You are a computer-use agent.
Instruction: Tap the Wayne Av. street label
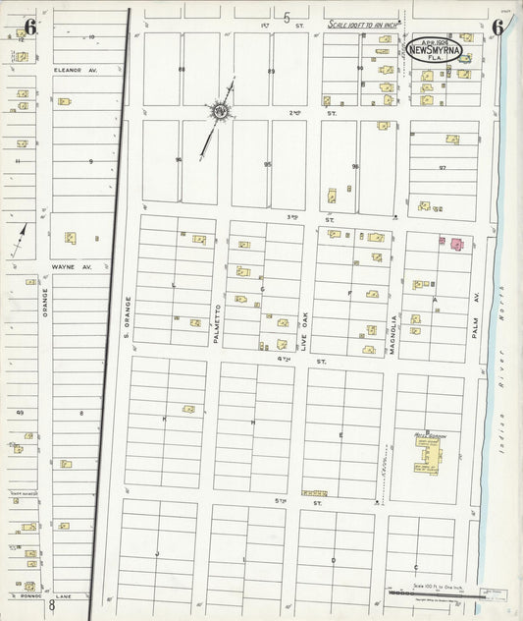[78, 265]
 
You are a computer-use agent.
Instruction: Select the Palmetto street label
[219, 322]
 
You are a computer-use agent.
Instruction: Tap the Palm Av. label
[478, 309]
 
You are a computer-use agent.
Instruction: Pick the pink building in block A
[456, 242]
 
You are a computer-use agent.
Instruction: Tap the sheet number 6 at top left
[30, 28]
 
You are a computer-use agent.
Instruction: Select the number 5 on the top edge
[287, 17]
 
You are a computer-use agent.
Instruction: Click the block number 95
[267, 164]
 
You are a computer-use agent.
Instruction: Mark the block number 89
[271, 71]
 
